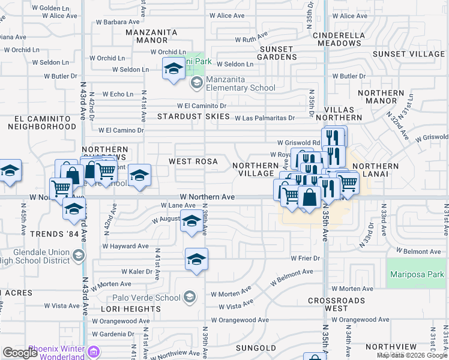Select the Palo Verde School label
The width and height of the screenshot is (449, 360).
146,298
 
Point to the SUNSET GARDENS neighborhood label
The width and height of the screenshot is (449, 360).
276,53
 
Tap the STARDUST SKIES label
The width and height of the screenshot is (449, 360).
194,116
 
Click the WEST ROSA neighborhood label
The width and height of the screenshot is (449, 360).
193,161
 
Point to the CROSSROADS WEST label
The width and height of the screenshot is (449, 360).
336,304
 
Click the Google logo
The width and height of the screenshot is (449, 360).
20,353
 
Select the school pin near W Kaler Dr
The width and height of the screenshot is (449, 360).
196,260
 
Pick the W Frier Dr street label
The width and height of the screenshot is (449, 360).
306,259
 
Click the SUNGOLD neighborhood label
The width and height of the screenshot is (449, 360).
256,348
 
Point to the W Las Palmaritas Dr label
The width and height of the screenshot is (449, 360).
265,118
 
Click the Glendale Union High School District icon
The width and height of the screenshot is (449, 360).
78,256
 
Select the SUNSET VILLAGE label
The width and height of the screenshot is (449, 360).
409,54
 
